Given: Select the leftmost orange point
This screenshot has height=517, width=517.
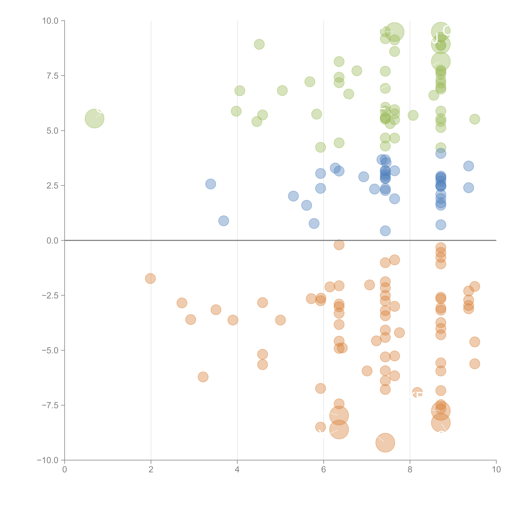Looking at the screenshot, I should click(150, 279).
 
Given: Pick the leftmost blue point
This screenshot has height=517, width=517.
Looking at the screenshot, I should click(211, 184).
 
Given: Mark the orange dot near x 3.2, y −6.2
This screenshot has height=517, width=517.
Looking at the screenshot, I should click(203, 377).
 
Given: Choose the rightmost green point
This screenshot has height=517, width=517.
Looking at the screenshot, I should click(475, 119).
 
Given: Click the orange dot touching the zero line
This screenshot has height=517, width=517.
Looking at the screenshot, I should click(339, 245).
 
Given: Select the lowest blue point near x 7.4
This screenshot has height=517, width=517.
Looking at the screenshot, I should click(385, 231).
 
